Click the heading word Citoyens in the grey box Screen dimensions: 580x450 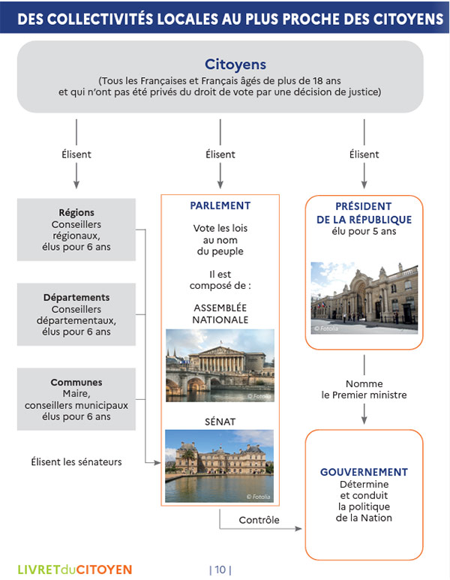(x=235, y=65)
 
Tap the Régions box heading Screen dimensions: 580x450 (x=76, y=212)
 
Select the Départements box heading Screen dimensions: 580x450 (x=76, y=297)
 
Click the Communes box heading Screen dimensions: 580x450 (x=76, y=382)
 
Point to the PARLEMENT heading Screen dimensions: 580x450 (x=220, y=206)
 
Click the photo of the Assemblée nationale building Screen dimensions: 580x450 (x=220, y=365)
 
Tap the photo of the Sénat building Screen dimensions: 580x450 (x=219, y=465)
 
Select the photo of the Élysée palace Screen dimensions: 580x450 (x=364, y=298)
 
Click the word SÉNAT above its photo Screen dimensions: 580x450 (x=220, y=422)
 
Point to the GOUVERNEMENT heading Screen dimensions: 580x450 (x=364, y=472)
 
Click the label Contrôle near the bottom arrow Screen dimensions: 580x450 (x=259, y=520)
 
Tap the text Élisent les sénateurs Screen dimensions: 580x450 (x=76, y=461)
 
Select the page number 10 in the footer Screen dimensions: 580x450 (x=220, y=569)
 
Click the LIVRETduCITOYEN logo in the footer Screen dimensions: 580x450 (x=75, y=569)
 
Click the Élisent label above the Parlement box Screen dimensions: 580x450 (x=220, y=155)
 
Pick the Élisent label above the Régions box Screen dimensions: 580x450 (x=76, y=155)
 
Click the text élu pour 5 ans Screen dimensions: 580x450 (x=364, y=232)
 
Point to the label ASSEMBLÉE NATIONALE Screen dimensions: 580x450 (x=220, y=314)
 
